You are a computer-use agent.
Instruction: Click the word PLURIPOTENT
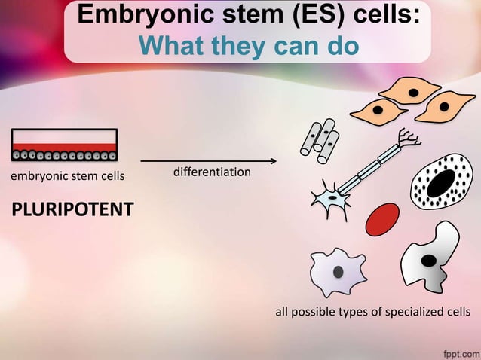click(x=72, y=208)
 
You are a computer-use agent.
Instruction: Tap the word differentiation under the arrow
click(x=212, y=172)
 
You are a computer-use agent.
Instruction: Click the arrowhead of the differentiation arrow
click(x=273, y=161)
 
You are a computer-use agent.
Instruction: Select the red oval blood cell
click(x=381, y=218)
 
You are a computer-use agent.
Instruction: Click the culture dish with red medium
click(x=64, y=145)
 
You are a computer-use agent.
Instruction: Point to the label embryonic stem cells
click(x=67, y=177)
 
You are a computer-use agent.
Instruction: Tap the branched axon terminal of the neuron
click(x=409, y=136)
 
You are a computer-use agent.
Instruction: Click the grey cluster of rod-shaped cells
click(x=320, y=141)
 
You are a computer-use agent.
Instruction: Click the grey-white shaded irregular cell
click(x=430, y=258)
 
